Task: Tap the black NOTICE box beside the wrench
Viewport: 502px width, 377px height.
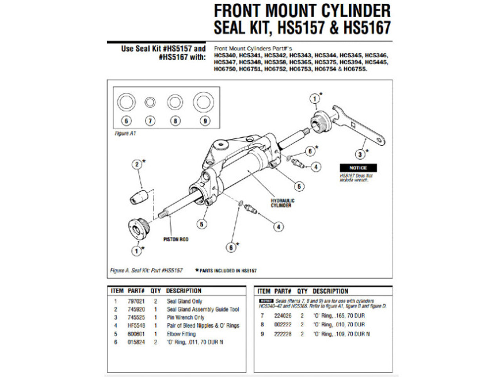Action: pyautogui.click(x=358, y=168)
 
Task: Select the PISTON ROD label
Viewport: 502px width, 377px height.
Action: pyautogui.click(x=176, y=239)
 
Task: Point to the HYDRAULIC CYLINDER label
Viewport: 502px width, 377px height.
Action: pyautogui.click(x=282, y=203)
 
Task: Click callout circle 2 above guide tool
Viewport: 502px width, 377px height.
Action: pyautogui.click(x=137, y=164)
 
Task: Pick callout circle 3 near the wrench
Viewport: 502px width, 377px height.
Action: pyautogui.click(x=360, y=154)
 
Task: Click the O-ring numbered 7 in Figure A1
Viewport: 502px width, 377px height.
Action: pyautogui.click(x=150, y=103)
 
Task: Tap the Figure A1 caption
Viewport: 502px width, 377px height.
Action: pyautogui.click(x=125, y=134)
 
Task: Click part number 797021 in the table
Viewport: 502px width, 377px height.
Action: pyautogui.click(x=136, y=301)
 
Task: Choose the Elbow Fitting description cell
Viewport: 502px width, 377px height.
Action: pyautogui.click(x=181, y=334)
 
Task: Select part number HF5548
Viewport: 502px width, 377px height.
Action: pyautogui.click(x=136, y=326)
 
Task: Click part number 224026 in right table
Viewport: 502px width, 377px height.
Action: pyautogui.click(x=283, y=316)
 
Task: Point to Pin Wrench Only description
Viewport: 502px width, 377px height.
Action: pyautogui.click(x=186, y=317)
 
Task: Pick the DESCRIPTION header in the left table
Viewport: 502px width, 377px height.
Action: pyautogui.click(x=184, y=291)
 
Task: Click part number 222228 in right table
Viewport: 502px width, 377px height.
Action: pyautogui.click(x=283, y=334)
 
